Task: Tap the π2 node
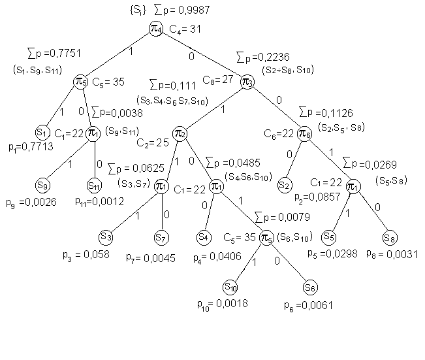pos(181,134)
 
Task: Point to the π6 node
pos(304,134)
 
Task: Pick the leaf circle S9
pos(44,184)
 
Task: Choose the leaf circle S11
pos(95,185)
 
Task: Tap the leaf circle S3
pos(106,235)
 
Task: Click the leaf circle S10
pos(230,286)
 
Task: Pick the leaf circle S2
pos(285,185)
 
